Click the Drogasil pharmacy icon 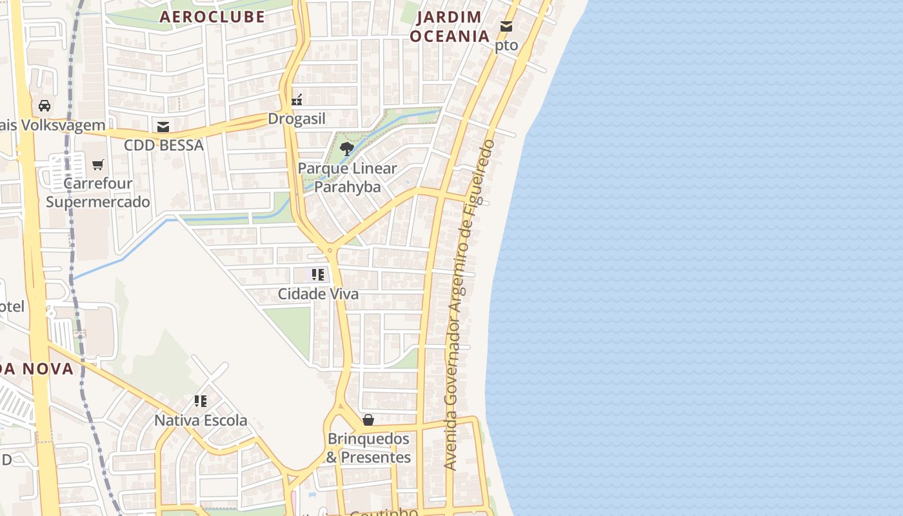tap(297, 100)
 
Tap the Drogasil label tap(297, 119)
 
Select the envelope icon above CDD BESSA tap(163, 127)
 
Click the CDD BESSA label tap(164, 145)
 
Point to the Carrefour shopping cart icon tap(98, 165)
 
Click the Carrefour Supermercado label tap(98, 192)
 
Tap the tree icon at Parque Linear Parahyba tap(347, 149)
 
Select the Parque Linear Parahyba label tap(348, 177)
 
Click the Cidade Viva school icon tap(317, 275)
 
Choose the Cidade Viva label tap(318, 294)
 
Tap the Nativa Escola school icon tap(201, 401)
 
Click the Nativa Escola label tap(201, 421)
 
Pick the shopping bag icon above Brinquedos tap(368, 420)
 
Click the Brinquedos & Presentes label tap(368, 448)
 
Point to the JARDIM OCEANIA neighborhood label tap(450, 26)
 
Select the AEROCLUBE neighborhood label tap(212, 17)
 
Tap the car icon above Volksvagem tap(45, 106)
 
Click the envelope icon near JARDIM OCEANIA tap(506, 26)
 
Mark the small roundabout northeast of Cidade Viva tap(330, 250)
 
